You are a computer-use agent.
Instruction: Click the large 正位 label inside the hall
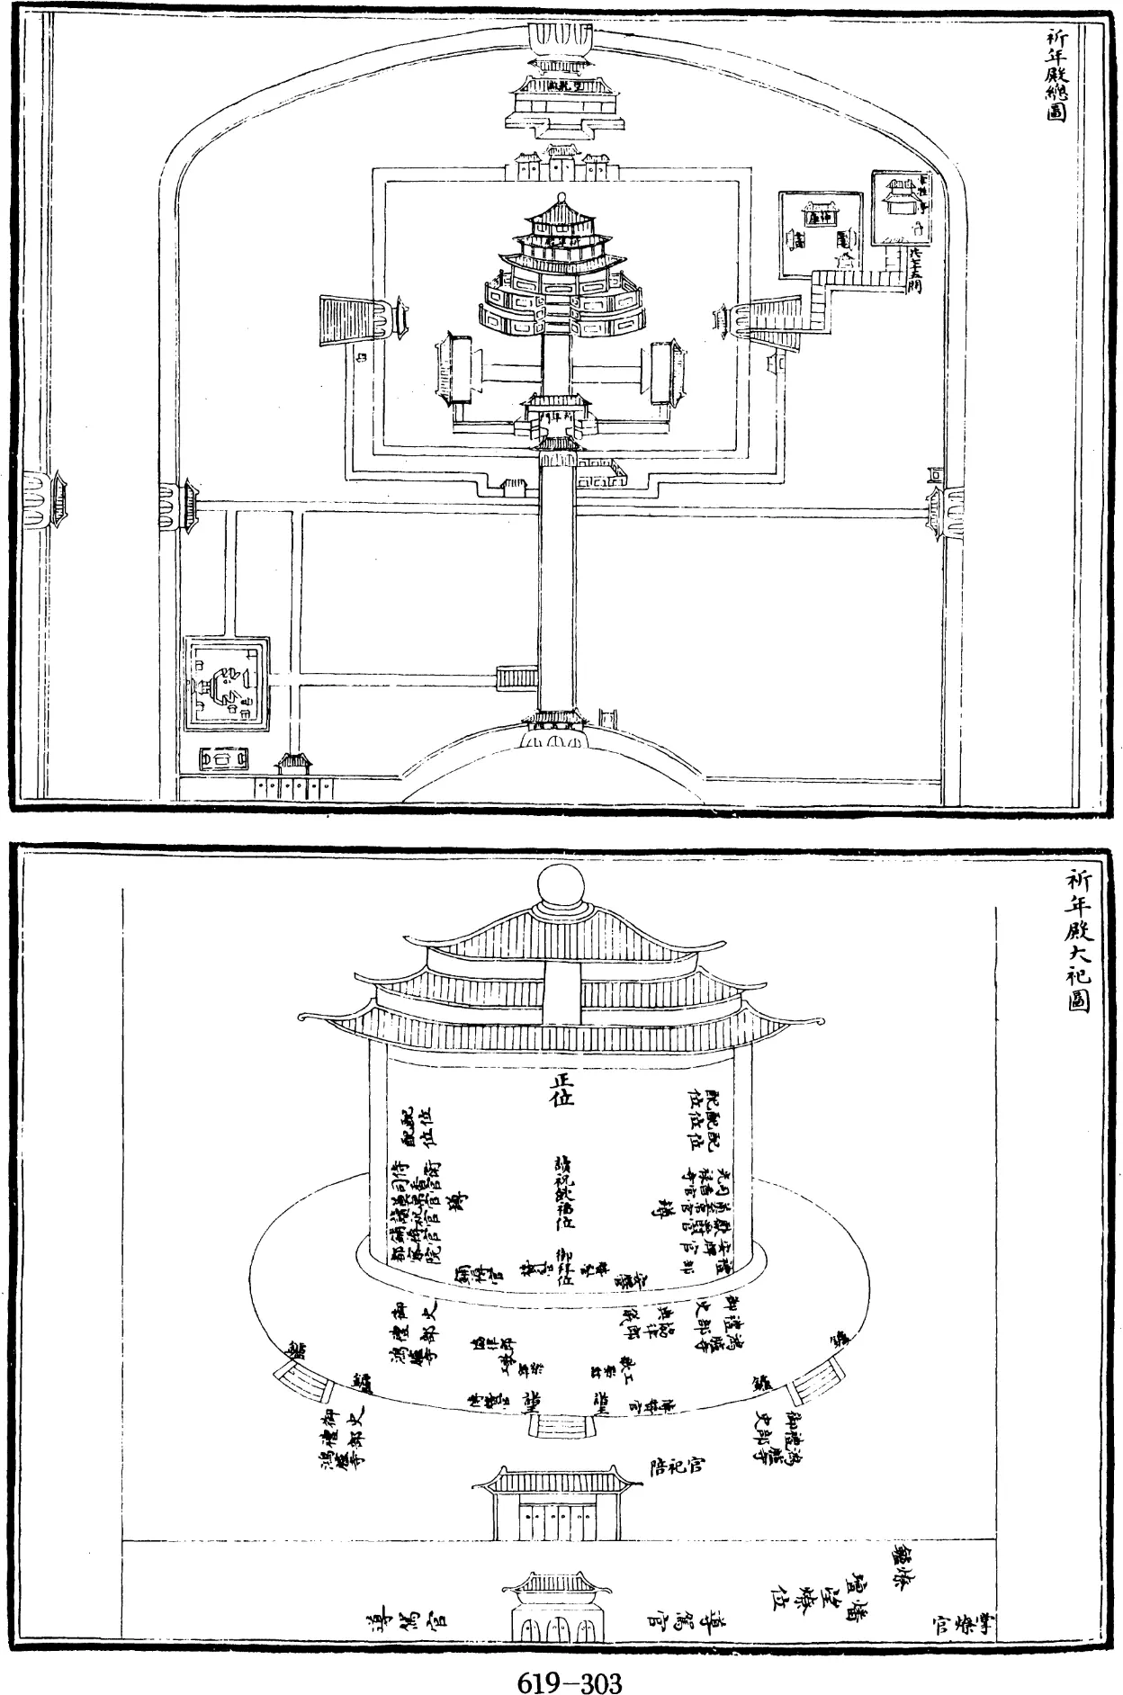click(561, 1090)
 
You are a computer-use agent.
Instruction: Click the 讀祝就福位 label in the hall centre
click(564, 1192)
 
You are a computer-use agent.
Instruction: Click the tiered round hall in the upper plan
click(562, 270)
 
